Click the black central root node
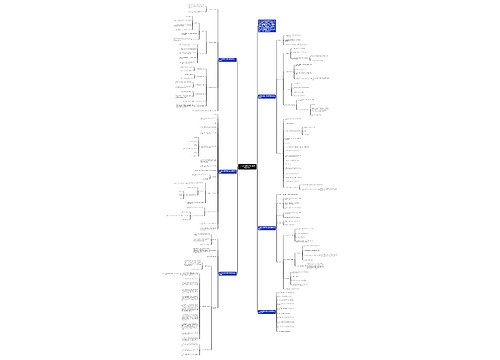click(247, 165)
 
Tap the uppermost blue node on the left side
click(228, 60)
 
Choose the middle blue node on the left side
click(228, 171)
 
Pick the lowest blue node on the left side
click(229, 272)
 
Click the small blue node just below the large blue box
click(267, 96)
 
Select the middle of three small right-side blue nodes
click(267, 229)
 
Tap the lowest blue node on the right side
click(267, 312)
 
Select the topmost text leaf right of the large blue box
click(295, 36)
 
